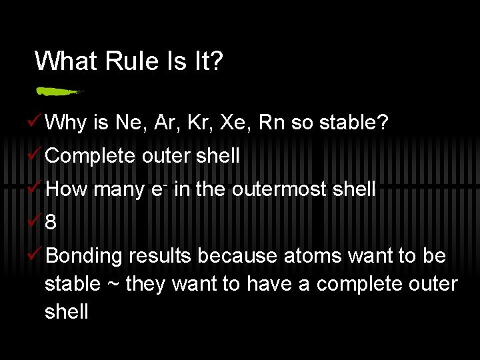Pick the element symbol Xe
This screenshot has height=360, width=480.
[x=234, y=123]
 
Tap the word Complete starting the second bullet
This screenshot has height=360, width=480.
[x=90, y=156]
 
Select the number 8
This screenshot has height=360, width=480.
[x=51, y=223]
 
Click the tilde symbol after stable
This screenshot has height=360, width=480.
[x=111, y=285]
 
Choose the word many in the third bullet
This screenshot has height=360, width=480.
[x=117, y=189]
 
